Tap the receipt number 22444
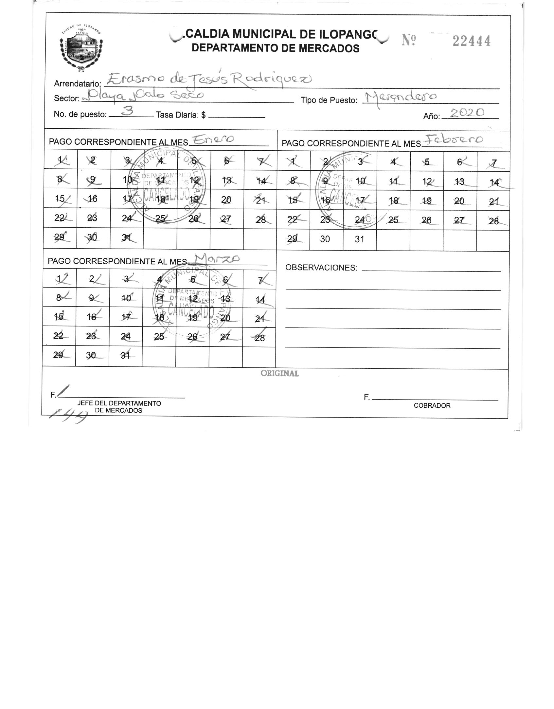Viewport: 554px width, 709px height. click(x=472, y=41)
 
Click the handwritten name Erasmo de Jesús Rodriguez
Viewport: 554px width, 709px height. click(x=209, y=79)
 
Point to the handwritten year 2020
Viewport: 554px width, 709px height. click(x=467, y=113)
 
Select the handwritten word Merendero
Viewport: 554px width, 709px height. click(x=400, y=97)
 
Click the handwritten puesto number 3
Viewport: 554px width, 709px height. click(x=128, y=111)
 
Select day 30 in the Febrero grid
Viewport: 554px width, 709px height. click(x=325, y=239)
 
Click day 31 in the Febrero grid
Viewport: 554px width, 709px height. click(x=359, y=239)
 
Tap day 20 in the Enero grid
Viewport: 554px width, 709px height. click(x=226, y=200)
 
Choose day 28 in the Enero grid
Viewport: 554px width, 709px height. click(x=260, y=219)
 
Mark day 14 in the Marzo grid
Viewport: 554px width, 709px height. click(x=260, y=300)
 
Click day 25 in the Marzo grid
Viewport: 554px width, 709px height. click(x=159, y=336)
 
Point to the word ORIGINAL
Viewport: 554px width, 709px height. click(x=279, y=373)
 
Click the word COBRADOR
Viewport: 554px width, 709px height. click(x=432, y=405)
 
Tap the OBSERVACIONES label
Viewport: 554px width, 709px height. click(x=321, y=268)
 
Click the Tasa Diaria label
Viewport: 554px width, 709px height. click(x=181, y=115)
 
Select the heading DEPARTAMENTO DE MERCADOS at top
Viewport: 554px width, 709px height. click(x=275, y=48)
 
